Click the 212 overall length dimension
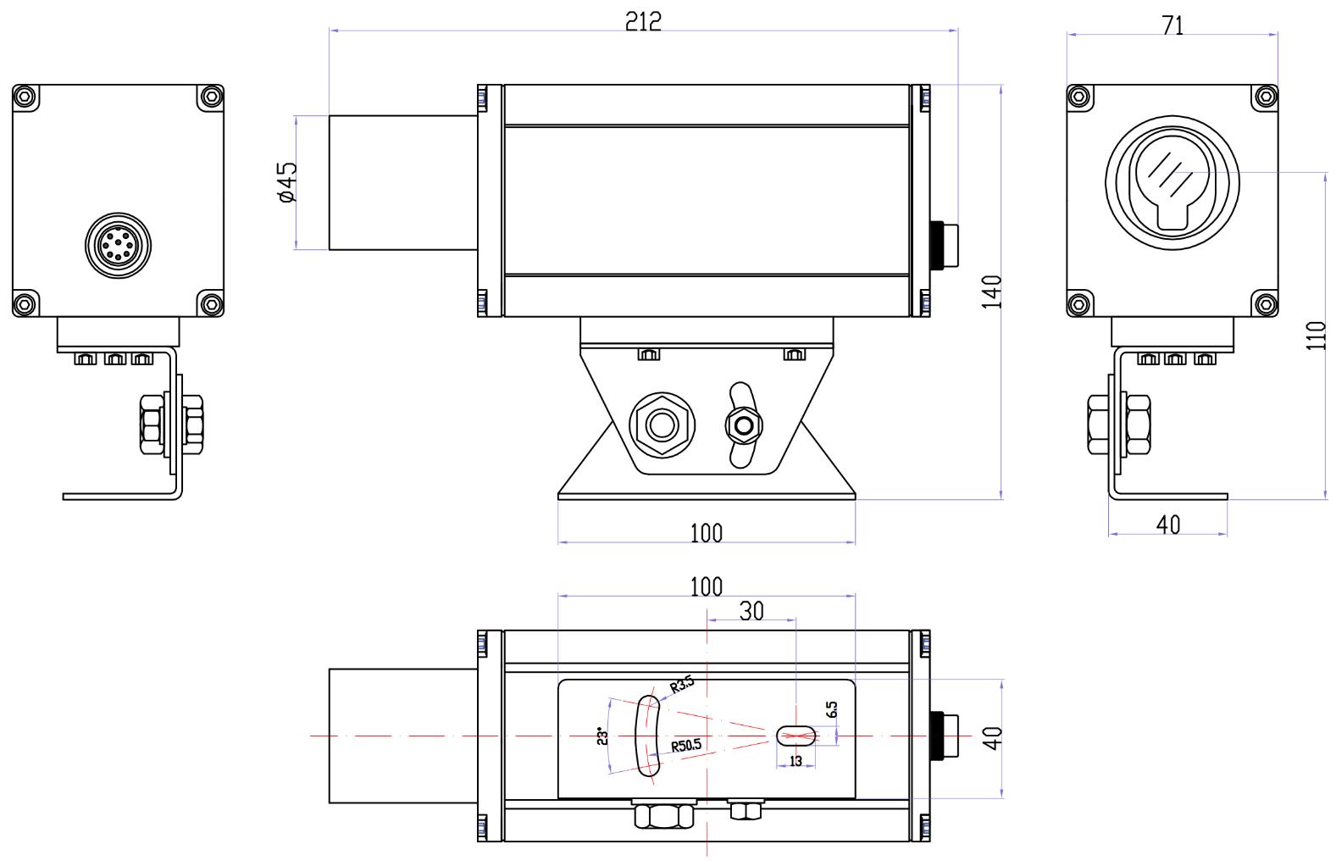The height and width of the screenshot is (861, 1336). pyautogui.click(x=643, y=22)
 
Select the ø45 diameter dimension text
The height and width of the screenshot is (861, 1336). pyautogui.click(x=287, y=182)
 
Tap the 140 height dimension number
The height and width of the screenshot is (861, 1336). pyautogui.click(x=991, y=292)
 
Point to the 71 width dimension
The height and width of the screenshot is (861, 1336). pyautogui.click(x=1172, y=25)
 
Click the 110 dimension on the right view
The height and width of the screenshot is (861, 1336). pyautogui.click(x=1316, y=336)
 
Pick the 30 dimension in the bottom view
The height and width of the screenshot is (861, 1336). pyautogui.click(x=751, y=611)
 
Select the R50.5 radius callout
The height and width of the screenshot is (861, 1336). pyautogui.click(x=686, y=746)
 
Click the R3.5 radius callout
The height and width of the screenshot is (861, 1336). pyautogui.click(x=682, y=685)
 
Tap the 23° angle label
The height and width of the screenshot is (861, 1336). pyautogui.click(x=602, y=736)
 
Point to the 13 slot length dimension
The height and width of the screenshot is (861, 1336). pyautogui.click(x=796, y=761)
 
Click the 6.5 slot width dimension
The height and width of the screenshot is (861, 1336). pyautogui.click(x=832, y=709)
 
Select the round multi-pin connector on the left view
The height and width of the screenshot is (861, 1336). pyautogui.click(x=118, y=245)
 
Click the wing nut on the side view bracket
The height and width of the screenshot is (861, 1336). pyautogui.click(x=744, y=425)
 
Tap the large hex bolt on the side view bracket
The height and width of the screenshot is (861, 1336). pyautogui.click(x=662, y=425)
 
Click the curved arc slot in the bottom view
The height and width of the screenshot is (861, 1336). pyautogui.click(x=648, y=736)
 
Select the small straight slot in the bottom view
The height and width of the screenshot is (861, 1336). pyautogui.click(x=796, y=736)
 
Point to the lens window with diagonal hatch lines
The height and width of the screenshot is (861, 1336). pyautogui.click(x=1172, y=173)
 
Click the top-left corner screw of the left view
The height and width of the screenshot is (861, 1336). pyautogui.click(x=25, y=97)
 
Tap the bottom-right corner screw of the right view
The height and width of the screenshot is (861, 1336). pyautogui.click(x=1266, y=305)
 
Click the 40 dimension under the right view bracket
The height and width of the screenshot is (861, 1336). pyautogui.click(x=1167, y=525)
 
